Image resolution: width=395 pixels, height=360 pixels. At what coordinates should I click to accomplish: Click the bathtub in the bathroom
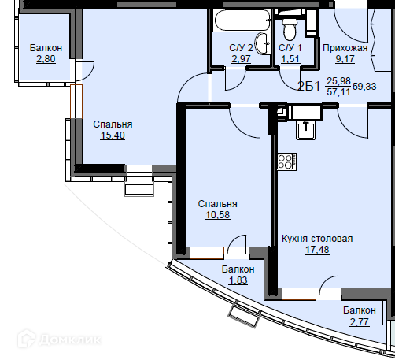coord(242,20)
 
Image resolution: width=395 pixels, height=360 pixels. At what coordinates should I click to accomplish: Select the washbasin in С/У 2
coord(263,43)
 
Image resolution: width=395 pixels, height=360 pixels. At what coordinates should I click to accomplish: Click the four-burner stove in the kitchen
coord(287,161)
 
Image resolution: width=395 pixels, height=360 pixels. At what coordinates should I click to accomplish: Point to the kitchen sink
coord(306,130)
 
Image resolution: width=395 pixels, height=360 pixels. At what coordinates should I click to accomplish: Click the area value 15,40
coord(113,135)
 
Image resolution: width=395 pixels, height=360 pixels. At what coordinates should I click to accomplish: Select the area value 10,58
coord(217,215)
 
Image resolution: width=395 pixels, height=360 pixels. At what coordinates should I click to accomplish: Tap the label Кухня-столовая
coord(317,239)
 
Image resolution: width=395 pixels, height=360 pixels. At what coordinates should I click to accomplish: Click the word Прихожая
coord(345,48)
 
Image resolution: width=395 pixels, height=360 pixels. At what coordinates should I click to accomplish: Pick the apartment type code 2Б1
coord(309,86)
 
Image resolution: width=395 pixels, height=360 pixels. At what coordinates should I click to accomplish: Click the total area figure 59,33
coord(364,87)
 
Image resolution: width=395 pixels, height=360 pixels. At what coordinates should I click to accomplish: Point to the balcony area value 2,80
coord(46,59)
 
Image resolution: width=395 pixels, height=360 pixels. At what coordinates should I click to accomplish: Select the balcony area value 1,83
coord(238,280)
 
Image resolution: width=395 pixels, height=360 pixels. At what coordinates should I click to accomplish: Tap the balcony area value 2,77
coord(360,322)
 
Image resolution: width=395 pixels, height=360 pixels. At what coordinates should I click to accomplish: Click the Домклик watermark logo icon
coord(27,339)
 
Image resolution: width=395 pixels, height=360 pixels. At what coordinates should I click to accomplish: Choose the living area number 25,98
coord(338,81)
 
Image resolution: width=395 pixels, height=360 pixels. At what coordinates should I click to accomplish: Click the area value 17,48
coord(317,250)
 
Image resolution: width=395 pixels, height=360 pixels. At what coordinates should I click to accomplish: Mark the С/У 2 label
coord(241,48)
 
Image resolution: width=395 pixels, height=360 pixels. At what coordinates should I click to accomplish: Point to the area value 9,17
coord(345,59)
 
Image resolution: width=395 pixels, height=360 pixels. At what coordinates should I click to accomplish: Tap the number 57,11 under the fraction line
coord(338,92)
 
